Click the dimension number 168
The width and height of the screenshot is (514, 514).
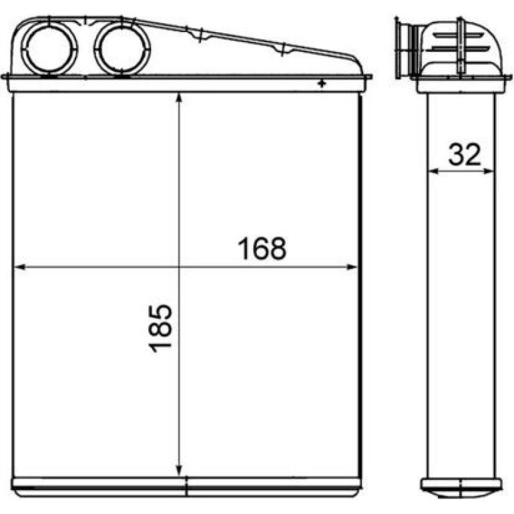262,248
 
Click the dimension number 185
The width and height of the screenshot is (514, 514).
160,329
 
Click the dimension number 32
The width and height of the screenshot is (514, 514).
464,154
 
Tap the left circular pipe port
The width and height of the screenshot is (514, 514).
50,49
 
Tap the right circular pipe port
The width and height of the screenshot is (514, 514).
122,49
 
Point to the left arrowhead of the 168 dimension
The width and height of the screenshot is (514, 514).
19,267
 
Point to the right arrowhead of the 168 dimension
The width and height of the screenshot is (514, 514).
352,267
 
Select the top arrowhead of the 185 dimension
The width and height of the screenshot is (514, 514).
179,98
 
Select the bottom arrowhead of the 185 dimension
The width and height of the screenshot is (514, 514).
179,470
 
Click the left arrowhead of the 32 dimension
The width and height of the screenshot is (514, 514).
434,171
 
